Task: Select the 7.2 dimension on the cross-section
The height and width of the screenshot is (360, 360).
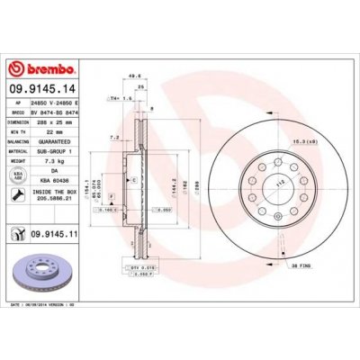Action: [114, 138]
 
